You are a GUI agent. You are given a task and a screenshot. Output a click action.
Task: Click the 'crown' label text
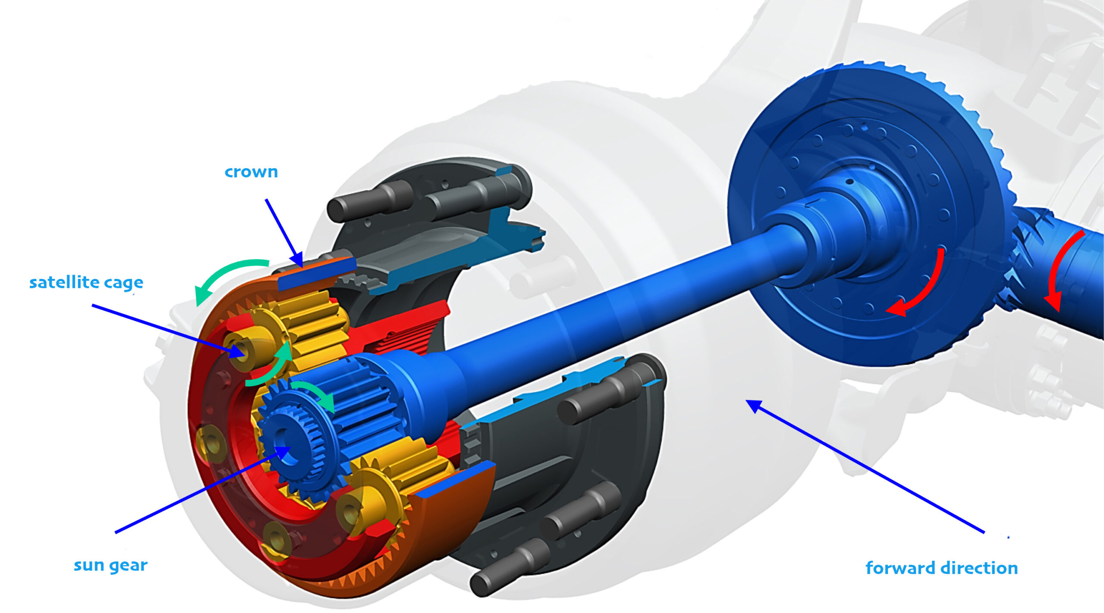[251, 172]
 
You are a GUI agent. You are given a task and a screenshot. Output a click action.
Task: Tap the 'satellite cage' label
[86, 283]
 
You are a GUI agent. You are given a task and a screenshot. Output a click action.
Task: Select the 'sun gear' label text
[111, 565]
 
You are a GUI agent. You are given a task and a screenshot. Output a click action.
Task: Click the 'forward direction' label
[941, 568]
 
